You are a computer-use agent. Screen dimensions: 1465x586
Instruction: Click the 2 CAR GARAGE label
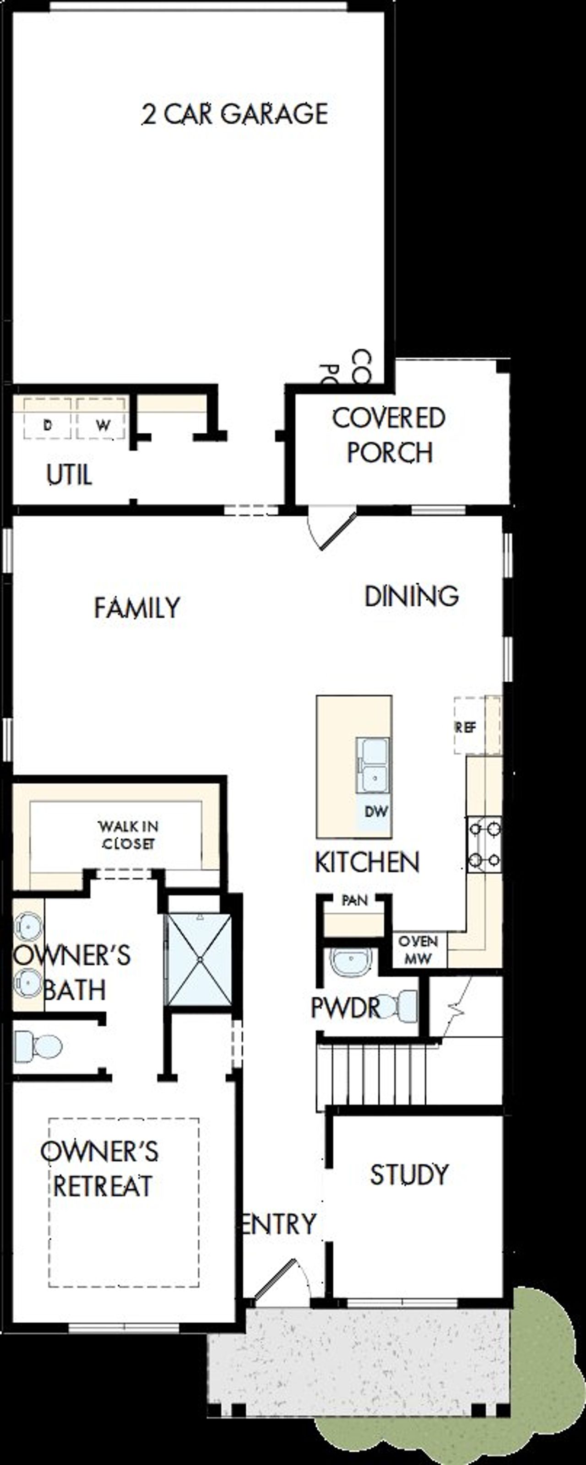point(234,114)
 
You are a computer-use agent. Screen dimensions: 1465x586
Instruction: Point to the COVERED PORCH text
point(389,435)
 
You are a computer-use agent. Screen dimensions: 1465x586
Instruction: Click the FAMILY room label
point(136,608)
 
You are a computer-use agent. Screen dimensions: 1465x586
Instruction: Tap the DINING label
point(411,596)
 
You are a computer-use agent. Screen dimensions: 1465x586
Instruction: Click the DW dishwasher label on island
point(375,812)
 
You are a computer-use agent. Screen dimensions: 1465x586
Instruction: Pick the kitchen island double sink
point(373,765)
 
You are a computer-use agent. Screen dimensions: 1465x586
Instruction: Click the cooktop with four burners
point(484,845)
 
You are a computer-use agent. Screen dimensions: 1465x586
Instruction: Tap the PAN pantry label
point(354,900)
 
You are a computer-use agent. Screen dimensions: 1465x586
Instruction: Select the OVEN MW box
point(418,949)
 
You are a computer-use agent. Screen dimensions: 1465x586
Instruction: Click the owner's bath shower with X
point(200,959)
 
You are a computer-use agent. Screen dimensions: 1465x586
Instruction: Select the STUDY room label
point(410,1174)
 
